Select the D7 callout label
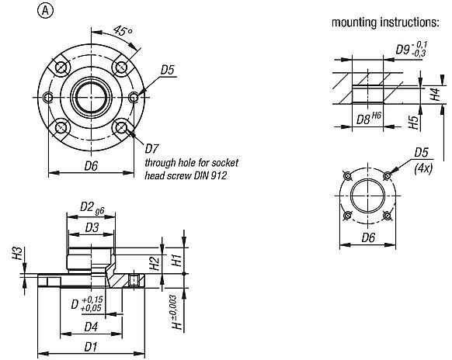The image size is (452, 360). pyautogui.click(x=152, y=147)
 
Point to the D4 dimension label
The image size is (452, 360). pyautogui.click(x=91, y=326)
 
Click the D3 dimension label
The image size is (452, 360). pyautogui.click(x=91, y=227)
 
